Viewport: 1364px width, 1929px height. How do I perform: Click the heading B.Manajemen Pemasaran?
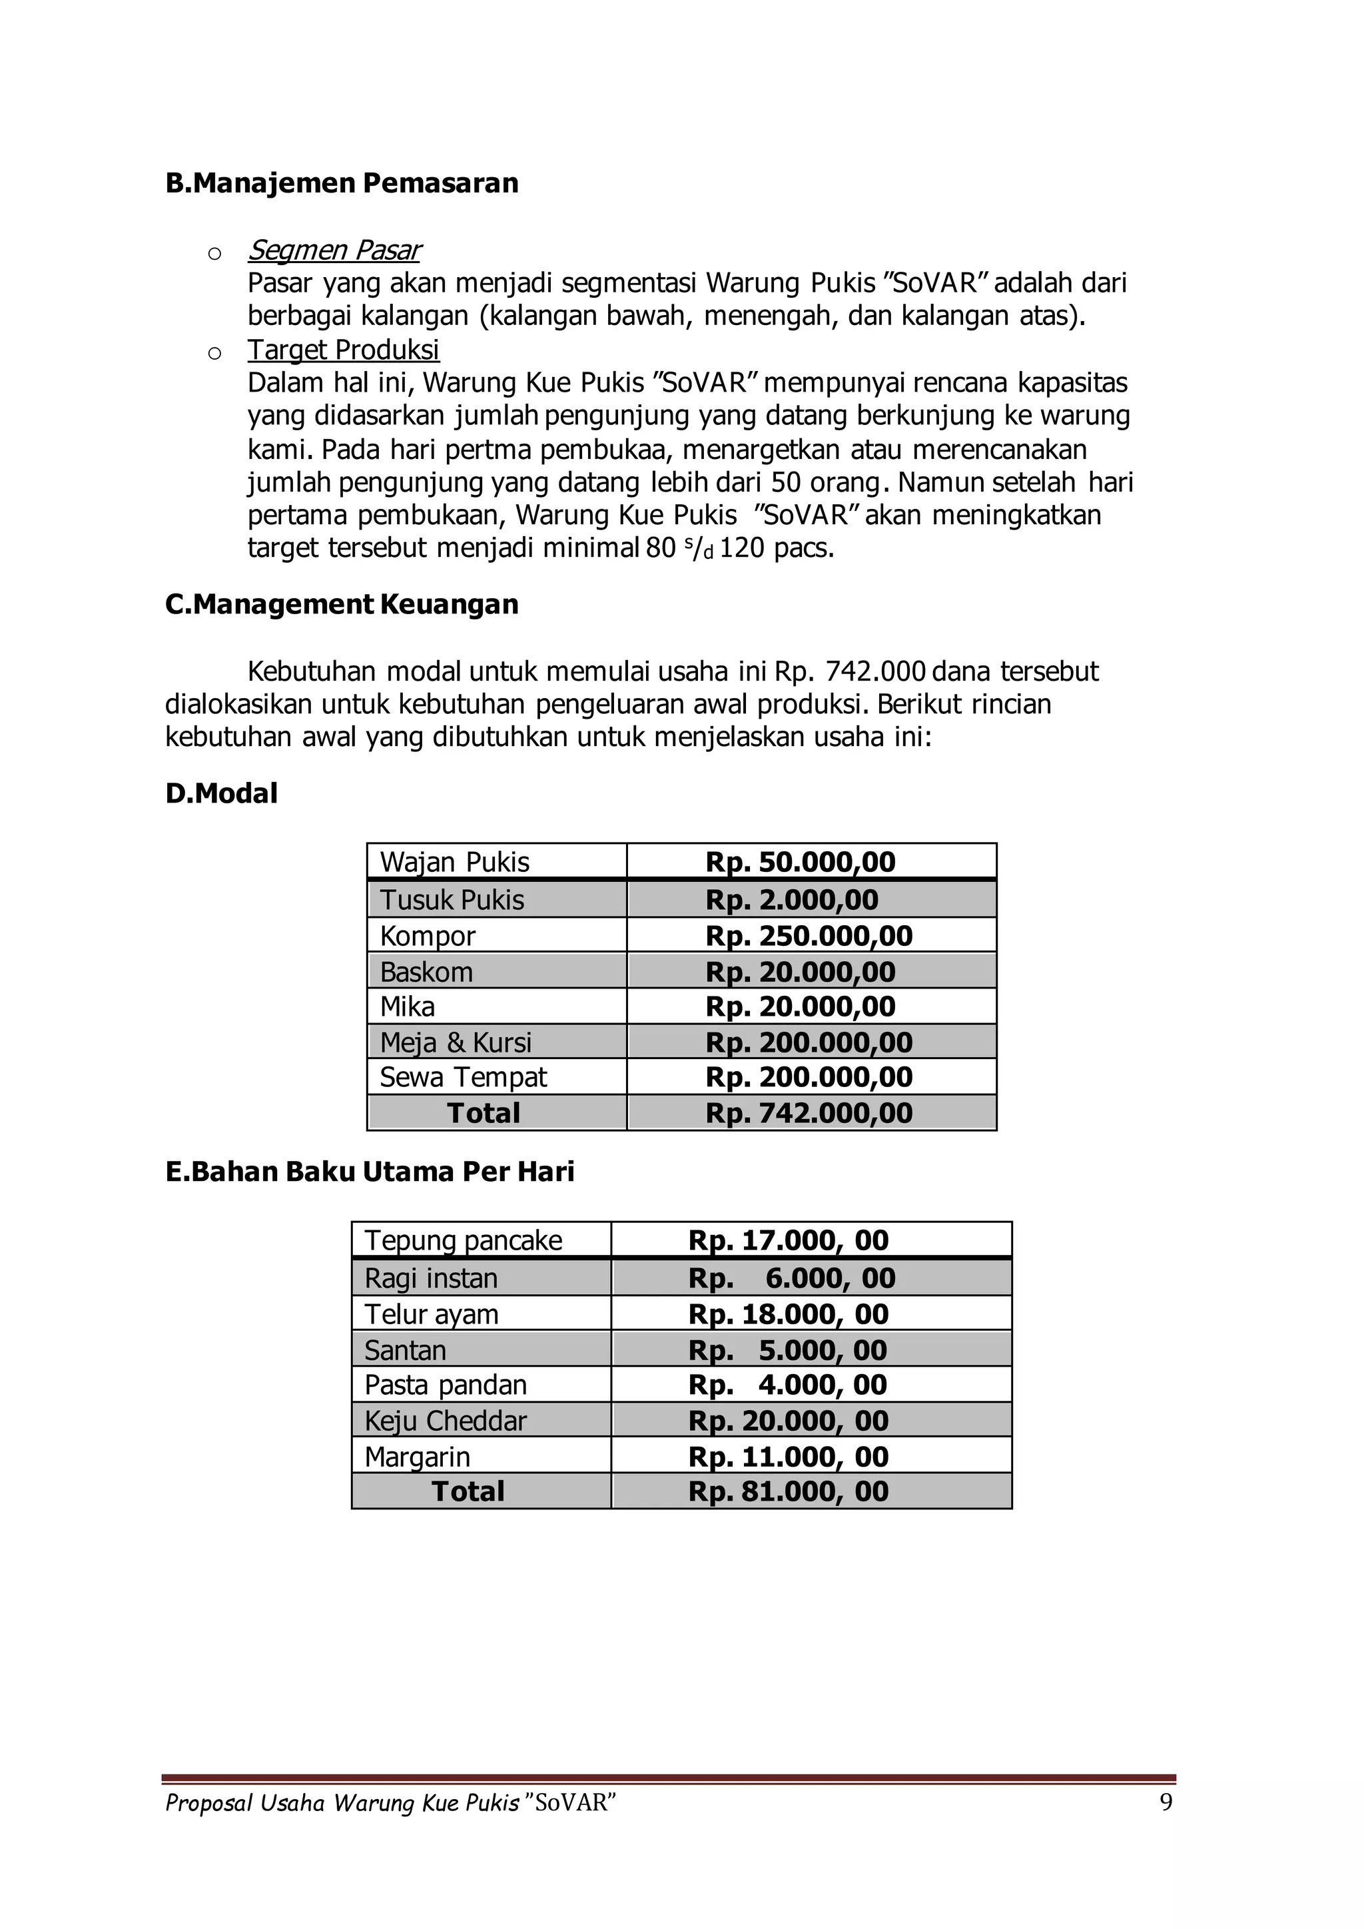(x=342, y=183)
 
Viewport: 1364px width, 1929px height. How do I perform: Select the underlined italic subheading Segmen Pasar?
(x=334, y=250)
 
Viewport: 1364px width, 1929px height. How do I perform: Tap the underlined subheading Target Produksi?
(x=343, y=350)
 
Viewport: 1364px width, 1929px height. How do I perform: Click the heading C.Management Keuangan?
(x=342, y=604)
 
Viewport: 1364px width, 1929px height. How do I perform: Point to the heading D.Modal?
(x=222, y=793)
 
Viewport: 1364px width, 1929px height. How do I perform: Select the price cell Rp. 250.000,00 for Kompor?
(x=809, y=936)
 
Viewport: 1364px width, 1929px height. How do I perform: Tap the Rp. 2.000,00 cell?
(x=791, y=900)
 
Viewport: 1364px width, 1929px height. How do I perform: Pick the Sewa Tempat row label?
(x=463, y=1077)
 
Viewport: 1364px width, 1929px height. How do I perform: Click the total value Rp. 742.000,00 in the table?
(x=809, y=1113)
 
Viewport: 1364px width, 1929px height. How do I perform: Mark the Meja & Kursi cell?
(x=456, y=1042)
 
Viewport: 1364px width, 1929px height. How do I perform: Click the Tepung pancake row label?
(x=463, y=1240)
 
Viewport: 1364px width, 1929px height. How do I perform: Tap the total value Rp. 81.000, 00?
(x=788, y=1491)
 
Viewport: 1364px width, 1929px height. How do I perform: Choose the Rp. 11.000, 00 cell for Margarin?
(x=788, y=1457)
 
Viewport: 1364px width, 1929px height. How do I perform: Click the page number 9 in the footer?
(x=1166, y=1803)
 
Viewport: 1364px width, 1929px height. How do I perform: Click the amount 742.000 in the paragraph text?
(x=875, y=672)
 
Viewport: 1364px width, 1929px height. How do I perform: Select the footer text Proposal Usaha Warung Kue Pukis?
(x=342, y=1804)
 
